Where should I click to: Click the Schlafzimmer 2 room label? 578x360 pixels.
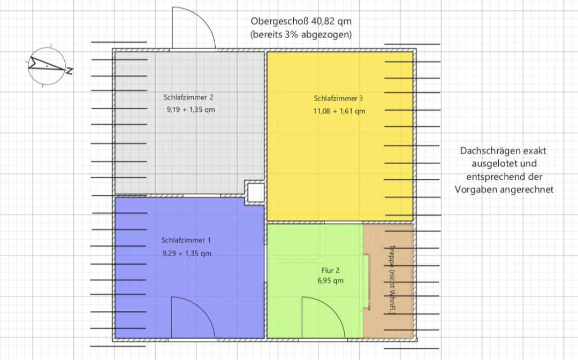coord(188,97)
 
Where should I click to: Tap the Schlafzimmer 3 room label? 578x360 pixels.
coord(338,98)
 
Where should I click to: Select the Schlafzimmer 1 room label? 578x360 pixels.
coord(186,240)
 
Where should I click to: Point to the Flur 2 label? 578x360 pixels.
coord(331,271)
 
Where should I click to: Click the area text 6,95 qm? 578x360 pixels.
coord(331,281)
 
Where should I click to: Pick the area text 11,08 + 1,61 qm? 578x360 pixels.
coord(339,111)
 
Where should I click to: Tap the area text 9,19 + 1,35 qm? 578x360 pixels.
coord(191,110)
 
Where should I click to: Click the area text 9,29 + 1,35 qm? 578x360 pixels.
coord(187,253)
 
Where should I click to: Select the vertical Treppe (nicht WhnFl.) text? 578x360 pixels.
coord(392,280)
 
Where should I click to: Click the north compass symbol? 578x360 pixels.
coord(47,66)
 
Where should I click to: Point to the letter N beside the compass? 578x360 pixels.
coord(69,71)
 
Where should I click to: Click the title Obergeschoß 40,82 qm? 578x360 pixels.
coord(301,21)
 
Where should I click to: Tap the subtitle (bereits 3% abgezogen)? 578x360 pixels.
coord(301,34)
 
